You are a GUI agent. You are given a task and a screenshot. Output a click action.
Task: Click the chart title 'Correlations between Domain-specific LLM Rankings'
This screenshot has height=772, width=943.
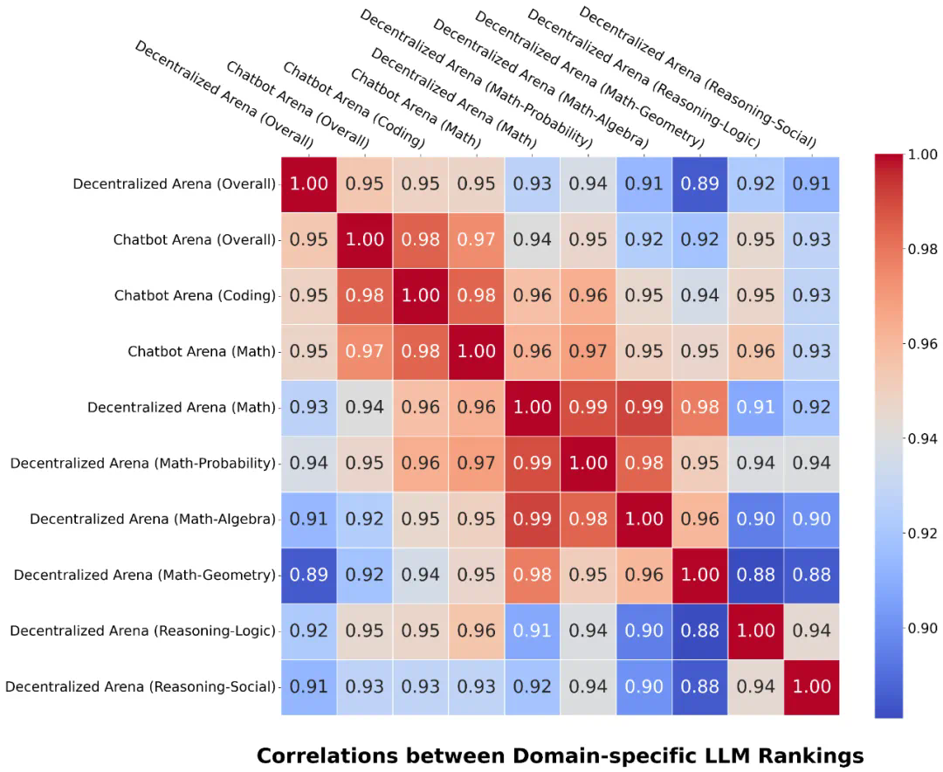(560, 755)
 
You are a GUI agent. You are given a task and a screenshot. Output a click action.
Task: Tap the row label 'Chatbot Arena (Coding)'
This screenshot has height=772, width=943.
(195, 296)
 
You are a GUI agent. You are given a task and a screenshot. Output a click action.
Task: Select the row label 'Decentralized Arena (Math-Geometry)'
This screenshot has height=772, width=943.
(145, 575)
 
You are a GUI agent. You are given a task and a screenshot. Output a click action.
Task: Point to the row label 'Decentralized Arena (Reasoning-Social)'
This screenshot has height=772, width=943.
(141, 686)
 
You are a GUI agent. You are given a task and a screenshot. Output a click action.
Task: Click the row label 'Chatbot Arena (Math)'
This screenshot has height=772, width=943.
(202, 352)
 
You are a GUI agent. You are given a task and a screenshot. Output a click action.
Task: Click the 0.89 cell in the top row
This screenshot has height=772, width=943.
(700, 184)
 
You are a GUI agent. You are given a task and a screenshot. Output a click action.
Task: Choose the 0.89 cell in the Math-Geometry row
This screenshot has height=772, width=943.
(308, 575)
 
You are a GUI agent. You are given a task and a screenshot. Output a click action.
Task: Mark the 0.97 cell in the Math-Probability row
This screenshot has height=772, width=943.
(476, 463)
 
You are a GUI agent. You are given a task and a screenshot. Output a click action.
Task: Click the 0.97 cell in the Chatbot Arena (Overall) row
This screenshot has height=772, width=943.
(476, 240)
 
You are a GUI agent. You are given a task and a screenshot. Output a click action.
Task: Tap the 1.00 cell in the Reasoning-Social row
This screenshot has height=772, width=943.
(812, 686)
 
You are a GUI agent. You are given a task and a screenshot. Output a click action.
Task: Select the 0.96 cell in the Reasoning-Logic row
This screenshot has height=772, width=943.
(476, 631)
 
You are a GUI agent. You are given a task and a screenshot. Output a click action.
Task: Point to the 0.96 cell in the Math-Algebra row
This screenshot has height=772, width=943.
(700, 519)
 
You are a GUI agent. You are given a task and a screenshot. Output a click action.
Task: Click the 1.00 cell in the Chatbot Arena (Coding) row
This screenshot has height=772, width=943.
(420, 296)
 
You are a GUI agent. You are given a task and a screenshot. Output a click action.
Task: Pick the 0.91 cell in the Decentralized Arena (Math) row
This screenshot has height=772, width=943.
(756, 407)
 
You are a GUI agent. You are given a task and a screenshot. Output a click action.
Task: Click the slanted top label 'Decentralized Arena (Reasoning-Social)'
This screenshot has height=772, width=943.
(698, 77)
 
